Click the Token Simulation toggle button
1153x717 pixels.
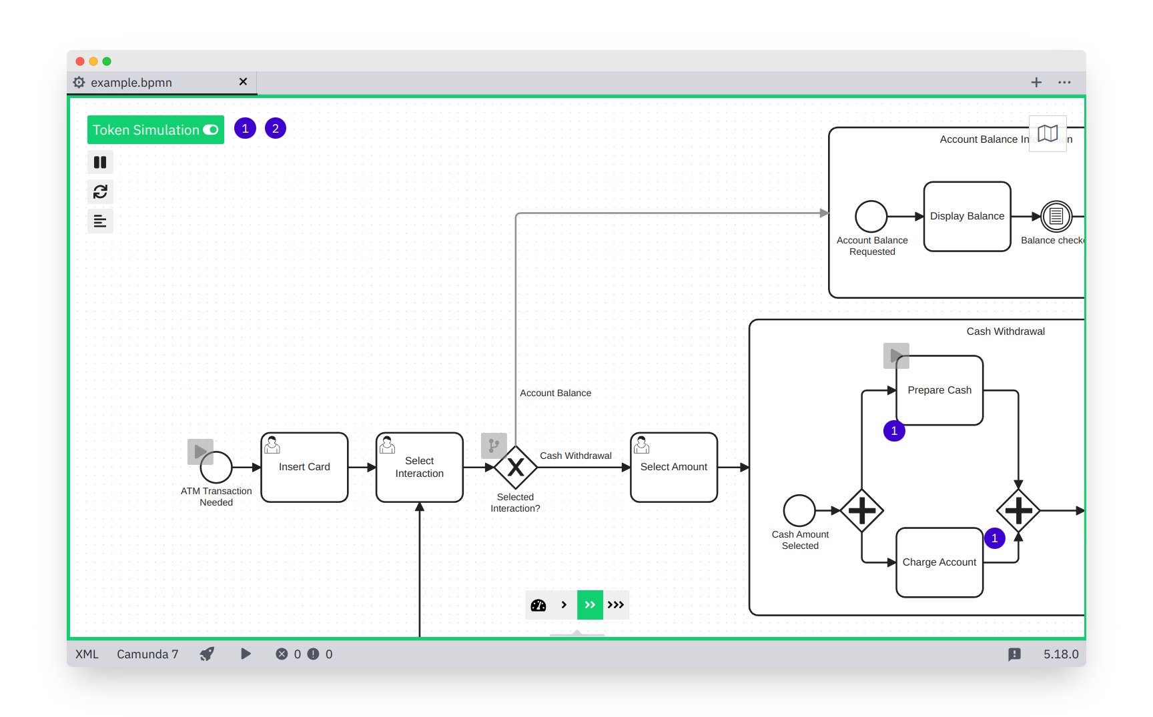coord(155,130)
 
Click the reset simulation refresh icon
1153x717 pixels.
coord(100,192)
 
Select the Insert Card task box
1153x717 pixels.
coord(304,467)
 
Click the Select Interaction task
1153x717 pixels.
coord(419,467)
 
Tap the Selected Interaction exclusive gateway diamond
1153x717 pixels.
coord(515,467)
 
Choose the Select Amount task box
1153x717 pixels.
coord(673,467)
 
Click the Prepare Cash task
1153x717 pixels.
coord(939,390)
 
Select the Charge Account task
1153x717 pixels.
coord(939,562)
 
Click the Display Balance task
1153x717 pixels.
coord(967,216)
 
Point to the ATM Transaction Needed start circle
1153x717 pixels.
coord(216,467)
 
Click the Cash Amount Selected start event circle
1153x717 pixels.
coord(799,511)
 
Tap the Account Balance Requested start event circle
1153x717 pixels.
coord(871,216)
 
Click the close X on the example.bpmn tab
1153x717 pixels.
coord(243,81)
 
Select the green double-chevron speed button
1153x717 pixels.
coord(590,605)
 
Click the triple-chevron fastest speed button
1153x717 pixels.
coord(616,605)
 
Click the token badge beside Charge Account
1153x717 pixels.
coord(994,538)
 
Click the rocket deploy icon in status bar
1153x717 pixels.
coord(208,654)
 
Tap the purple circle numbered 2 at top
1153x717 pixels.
coord(276,129)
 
